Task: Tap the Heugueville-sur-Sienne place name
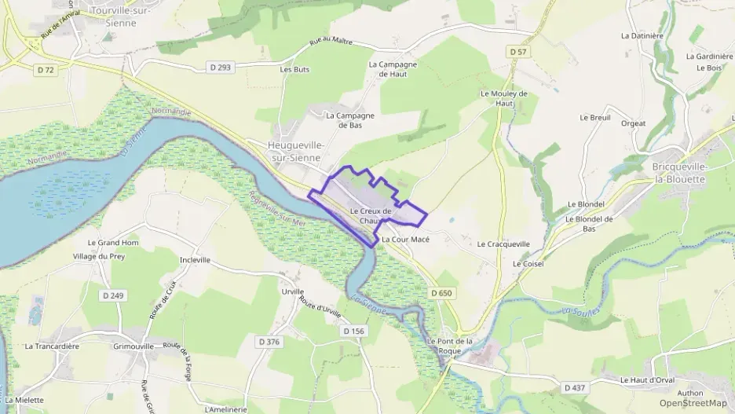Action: point(295,151)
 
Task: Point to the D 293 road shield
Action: point(221,68)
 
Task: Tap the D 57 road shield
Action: point(517,51)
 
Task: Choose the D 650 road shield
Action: point(442,292)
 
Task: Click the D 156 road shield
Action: point(354,331)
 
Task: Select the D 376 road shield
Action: point(269,341)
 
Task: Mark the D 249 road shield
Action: point(114,295)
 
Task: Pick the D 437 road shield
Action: point(575,387)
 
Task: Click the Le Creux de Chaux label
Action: point(370,216)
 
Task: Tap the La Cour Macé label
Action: point(406,239)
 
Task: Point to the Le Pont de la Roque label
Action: point(450,346)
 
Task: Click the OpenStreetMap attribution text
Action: point(693,403)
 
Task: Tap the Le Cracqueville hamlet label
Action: point(503,244)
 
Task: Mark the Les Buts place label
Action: point(294,69)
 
